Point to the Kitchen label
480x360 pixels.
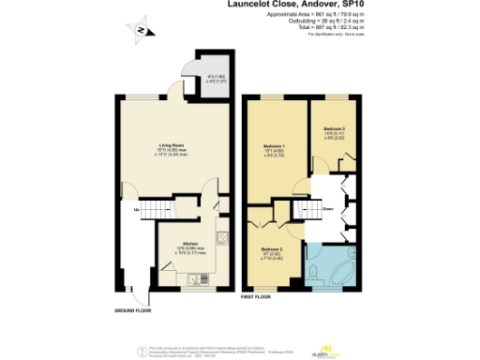pos(188,242)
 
